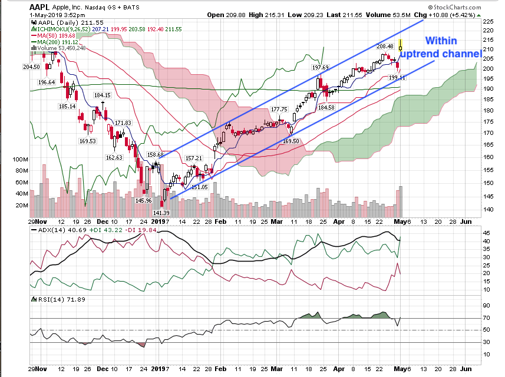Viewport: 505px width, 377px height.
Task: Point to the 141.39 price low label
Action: coord(161,213)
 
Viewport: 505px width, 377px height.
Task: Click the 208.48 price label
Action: coord(386,46)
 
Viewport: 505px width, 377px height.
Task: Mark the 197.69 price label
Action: coord(321,68)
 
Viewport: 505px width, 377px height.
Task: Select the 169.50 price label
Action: coord(291,141)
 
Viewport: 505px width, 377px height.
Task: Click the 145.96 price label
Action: coord(144,200)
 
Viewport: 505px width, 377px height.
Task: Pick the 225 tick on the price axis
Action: coord(487,21)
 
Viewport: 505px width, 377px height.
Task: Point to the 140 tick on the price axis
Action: coord(487,209)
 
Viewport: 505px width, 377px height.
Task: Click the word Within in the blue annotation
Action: coord(440,41)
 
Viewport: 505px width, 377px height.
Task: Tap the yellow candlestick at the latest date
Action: coord(401,45)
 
